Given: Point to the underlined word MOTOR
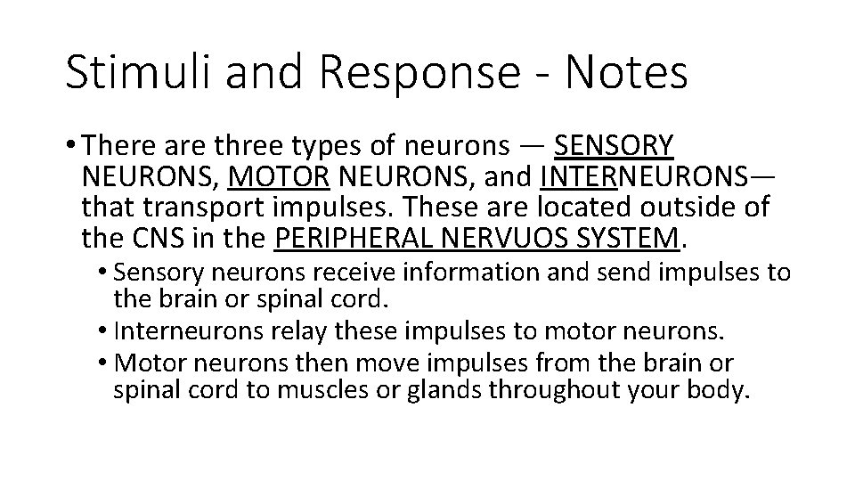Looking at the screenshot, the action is [x=279, y=177].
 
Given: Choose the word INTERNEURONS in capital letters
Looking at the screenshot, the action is [x=657, y=177].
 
